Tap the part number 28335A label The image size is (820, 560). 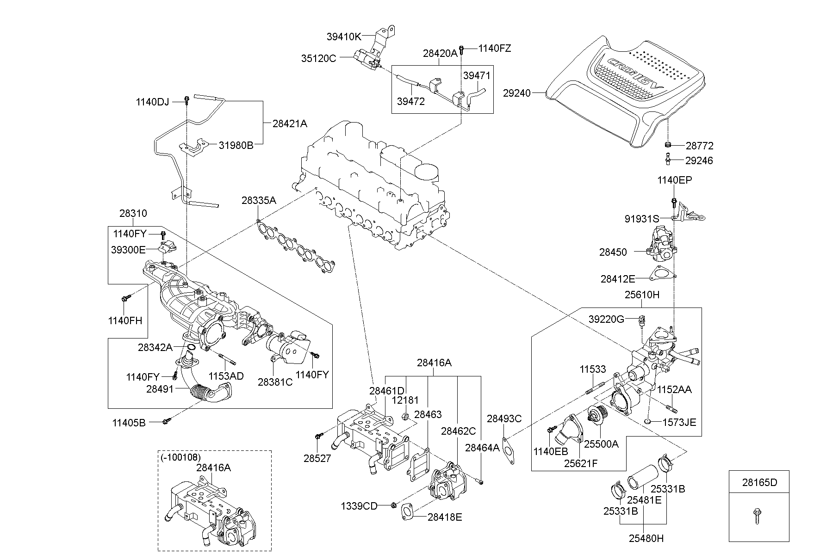[x=258, y=200]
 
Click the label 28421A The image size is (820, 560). [x=290, y=123]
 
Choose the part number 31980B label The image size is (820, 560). [x=236, y=145]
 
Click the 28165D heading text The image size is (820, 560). [x=759, y=482]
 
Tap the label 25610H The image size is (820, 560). [x=642, y=295]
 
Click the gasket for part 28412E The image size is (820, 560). [x=661, y=275]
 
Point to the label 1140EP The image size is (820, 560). [x=675, y=180]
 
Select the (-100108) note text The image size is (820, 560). [x=180, y=457]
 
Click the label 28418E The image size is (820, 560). [x=445, y=517]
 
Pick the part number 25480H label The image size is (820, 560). [x=646, y=538]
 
